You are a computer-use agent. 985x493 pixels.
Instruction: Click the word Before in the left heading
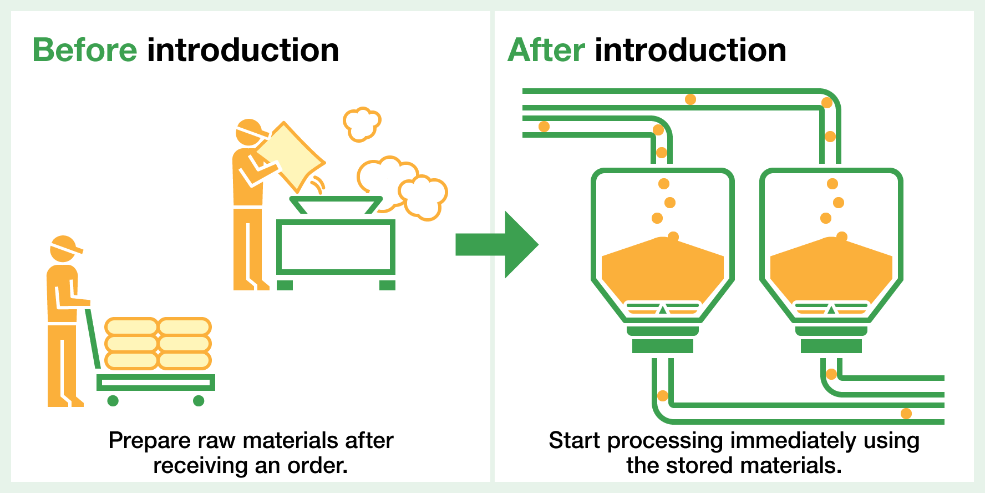coord(85,51)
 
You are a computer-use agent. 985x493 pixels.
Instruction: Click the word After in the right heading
coord(546,51)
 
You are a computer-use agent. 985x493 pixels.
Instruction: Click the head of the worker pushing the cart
coord(63,249)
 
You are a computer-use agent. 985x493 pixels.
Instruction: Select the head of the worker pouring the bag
coord(249,132)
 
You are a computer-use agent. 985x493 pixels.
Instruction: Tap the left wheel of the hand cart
coord(113,400)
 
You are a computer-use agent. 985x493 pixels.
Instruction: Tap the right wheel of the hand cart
coord(199,400)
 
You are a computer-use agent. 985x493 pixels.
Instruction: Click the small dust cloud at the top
coord(362,123)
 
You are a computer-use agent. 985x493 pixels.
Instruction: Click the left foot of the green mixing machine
coord(285,285)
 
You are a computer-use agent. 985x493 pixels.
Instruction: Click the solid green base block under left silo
coord(662,346)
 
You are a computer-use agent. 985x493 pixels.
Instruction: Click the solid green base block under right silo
coord(831,346)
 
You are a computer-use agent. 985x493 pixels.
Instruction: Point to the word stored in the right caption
coord(700,465)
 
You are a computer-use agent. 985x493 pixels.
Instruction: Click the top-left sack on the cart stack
coord(131,326)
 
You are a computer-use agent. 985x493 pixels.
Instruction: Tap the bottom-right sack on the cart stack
coord(185,361)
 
